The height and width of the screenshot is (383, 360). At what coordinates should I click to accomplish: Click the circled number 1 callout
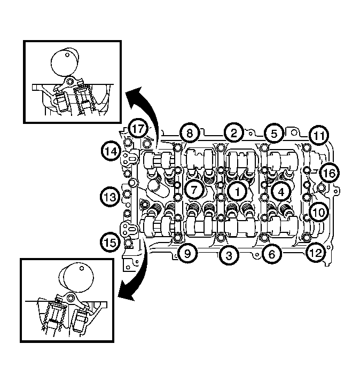pos(237,191)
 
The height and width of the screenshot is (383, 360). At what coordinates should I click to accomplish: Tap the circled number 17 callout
pos(138,129)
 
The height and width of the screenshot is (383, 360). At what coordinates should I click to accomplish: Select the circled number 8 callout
pos(190,133)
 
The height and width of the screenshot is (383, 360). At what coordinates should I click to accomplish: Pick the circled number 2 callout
pos(234,133)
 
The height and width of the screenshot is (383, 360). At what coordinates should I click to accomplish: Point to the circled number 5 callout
pos(274,134)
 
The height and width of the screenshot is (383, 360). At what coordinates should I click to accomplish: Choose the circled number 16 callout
pos(329,173)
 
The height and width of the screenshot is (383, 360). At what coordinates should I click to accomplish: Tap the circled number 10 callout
pos(318,212)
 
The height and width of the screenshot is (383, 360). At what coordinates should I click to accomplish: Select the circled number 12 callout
pos(316,253)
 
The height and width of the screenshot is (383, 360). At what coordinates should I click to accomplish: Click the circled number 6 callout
pos(271,254)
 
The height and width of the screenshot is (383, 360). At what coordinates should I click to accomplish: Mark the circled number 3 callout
pos(229,255)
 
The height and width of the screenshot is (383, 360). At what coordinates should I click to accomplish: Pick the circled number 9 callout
pos(187,253)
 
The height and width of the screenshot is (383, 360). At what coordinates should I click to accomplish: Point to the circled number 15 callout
pos(111,243)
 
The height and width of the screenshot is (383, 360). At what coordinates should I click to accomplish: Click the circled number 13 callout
pos(110,197)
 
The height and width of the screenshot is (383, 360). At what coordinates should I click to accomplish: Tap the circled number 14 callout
pos(111,151)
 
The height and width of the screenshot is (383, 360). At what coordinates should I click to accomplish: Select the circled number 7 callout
pos(194,190)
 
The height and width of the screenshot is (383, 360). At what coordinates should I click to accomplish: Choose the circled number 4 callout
pos(281,192)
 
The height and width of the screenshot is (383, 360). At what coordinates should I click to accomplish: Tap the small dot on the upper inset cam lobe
pos(67,54)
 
